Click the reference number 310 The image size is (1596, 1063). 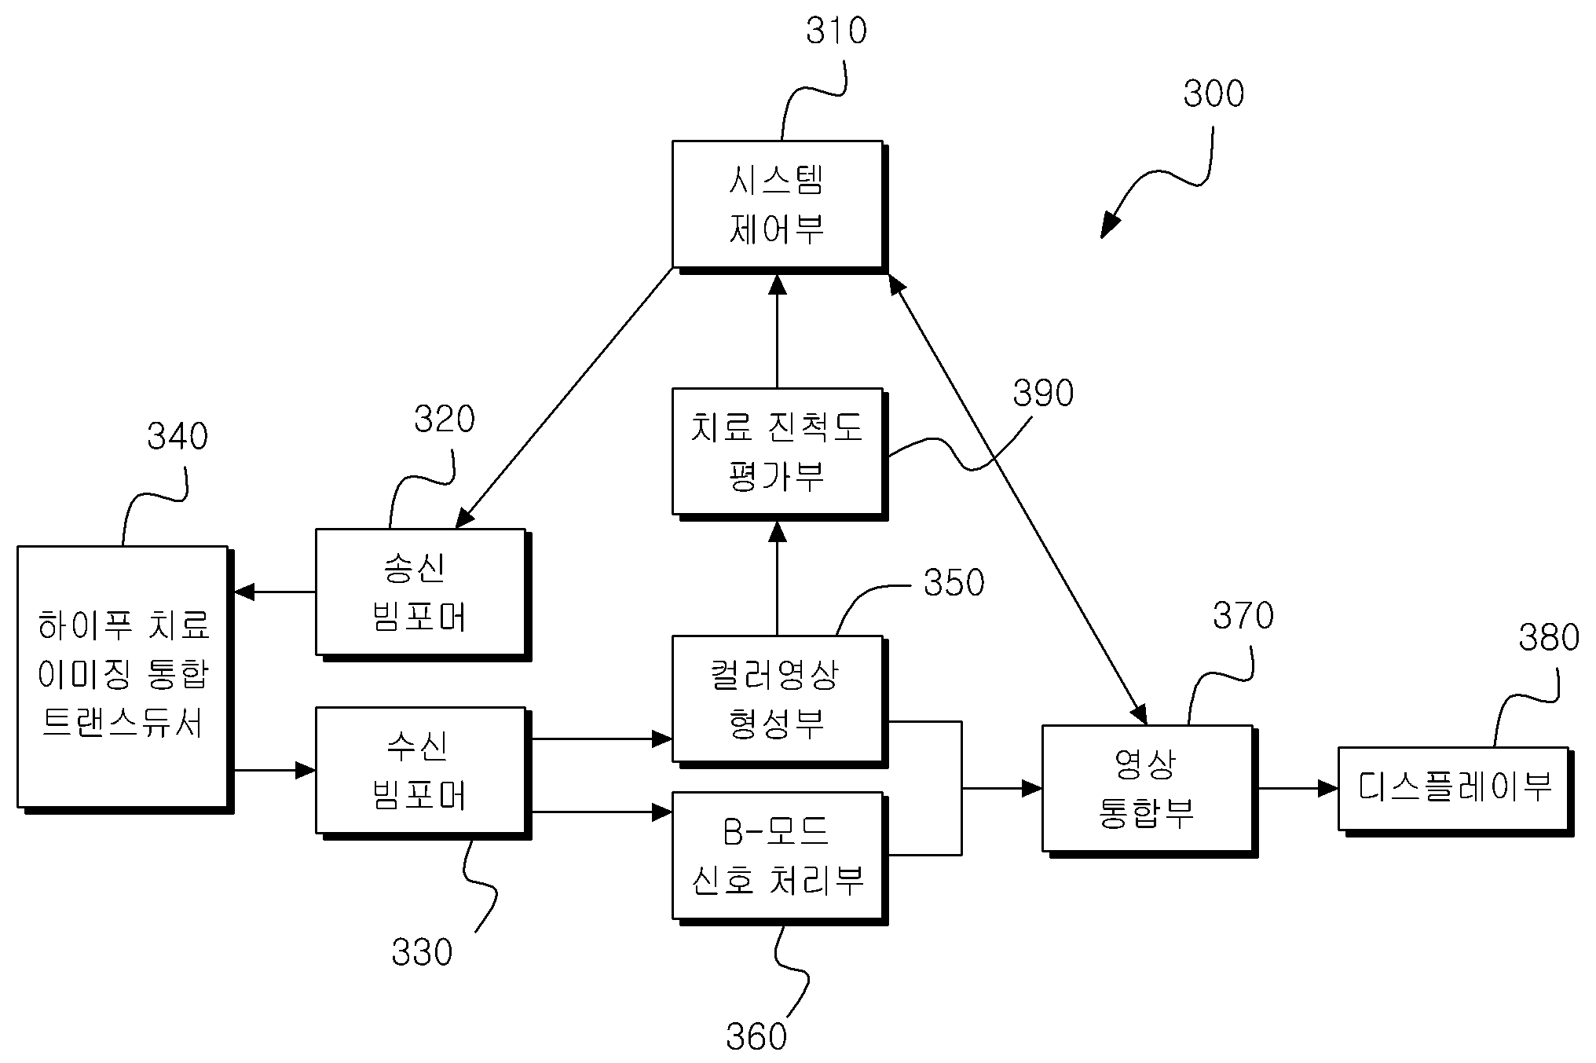click(x=836, y=31)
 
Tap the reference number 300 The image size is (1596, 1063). click(x=1213, y=93)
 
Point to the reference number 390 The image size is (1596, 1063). click(x=1043, y=393)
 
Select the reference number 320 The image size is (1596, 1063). click(x=445, y=420)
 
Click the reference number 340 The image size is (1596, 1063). click(x=178, y=436)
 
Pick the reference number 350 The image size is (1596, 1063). click(x=954, y=583)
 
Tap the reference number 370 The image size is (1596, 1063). click(x=1243, y=616)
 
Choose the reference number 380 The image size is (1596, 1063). click(x=1549, y=638)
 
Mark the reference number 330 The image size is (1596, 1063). click(x=423, y=952)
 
